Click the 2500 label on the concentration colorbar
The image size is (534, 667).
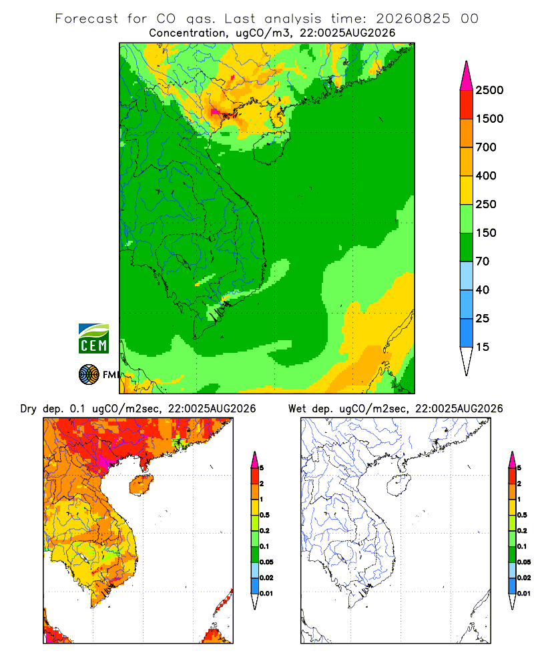point(489,90)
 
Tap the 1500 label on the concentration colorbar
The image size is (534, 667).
point(489,119)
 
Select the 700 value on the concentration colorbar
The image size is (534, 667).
point(486,147)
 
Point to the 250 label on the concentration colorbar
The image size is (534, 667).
point(486,204)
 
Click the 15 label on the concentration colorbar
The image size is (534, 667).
point(483,347)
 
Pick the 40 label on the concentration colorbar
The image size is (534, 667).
point(483,289)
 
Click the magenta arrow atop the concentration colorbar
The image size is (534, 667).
point(467,77)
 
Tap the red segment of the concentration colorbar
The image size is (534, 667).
point(467,105)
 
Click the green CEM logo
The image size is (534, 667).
point(93,339)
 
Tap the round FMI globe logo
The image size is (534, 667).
point(89,375)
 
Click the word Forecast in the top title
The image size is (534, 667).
point(87,19)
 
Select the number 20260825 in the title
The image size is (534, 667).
point(413,19)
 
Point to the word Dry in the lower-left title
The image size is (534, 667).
point(29,409)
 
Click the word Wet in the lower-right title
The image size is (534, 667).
point(297,409)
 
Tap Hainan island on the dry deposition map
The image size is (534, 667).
point(141,485)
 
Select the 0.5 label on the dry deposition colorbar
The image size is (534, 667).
point(264,515)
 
